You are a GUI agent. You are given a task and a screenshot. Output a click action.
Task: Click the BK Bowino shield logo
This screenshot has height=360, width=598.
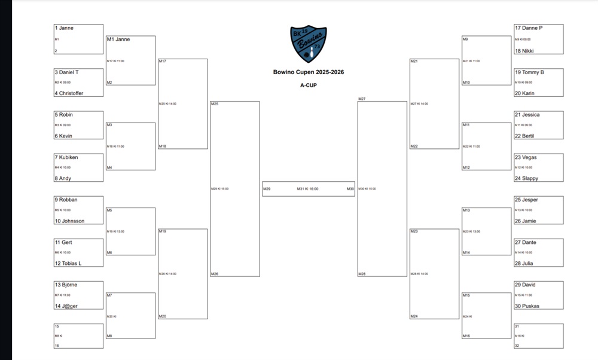309,44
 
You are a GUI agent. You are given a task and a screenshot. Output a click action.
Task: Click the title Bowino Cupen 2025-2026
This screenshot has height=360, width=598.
308,72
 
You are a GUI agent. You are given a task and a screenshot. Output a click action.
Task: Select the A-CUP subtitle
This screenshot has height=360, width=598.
308,85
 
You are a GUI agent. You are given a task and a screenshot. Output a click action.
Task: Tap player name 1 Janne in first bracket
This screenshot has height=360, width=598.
64,28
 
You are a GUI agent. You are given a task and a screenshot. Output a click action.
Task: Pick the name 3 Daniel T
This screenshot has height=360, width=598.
67,72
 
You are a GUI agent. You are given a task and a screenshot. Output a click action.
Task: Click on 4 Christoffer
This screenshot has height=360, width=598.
69,93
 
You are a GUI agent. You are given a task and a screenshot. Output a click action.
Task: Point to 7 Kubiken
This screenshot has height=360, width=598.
66,157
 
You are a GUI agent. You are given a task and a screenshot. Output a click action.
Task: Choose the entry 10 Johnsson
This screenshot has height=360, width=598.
69,221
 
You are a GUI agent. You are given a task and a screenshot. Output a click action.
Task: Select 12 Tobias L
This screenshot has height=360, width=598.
68,264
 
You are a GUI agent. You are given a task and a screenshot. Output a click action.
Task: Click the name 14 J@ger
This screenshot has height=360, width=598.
66,306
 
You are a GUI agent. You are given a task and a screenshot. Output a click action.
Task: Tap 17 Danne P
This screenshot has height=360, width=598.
529,28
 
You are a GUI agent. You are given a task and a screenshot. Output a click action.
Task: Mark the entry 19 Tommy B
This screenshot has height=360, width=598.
529,72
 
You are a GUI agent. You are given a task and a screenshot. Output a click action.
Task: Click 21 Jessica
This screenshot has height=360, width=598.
527,115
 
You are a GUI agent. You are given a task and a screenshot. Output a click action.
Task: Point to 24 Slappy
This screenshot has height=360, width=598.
526,179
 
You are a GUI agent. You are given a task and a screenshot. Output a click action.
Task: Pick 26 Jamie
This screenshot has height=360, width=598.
525,221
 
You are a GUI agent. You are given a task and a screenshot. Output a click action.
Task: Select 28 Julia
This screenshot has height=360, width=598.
524,264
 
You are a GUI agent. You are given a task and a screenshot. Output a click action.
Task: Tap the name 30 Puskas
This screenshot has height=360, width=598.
527,306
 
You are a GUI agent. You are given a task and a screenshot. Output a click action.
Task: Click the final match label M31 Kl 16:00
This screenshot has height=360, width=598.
307,189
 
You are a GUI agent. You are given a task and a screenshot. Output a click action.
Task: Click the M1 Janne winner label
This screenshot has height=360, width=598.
118,39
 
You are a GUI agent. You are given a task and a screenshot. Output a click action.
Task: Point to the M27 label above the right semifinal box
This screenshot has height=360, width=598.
362,99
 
